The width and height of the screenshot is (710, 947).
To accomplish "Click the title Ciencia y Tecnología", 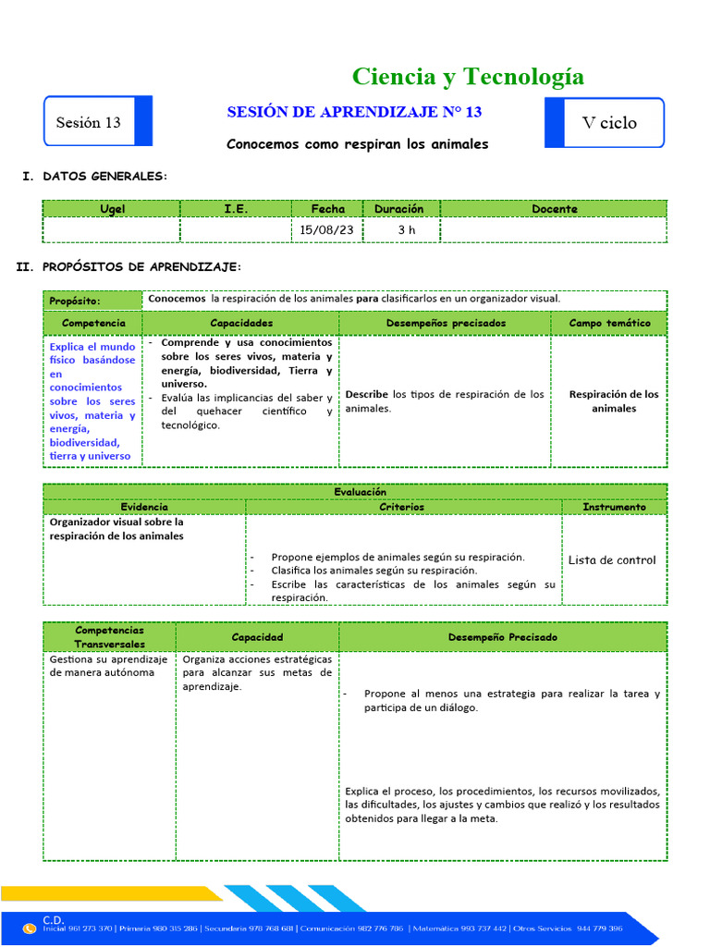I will (x=468, y=76).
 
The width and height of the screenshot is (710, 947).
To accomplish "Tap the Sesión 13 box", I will (x=89, y=122).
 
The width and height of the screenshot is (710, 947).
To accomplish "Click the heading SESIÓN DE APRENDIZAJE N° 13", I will (x=355, y=112).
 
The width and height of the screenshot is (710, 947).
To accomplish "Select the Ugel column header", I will (x=112, y=209).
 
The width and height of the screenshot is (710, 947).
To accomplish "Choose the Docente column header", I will (x=555, y=209).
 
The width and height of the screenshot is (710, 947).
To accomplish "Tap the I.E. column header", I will (x=236, y=209).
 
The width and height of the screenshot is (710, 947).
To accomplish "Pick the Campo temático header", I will (x=609, y=323).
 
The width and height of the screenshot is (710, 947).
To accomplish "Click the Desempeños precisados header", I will (x=446, y=323).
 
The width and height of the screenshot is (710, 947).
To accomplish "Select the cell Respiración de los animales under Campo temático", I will (x=614, y=401).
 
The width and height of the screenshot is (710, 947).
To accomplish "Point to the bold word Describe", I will (x=366, y=394).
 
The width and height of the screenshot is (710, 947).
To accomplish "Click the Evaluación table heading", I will (x=355, y=492).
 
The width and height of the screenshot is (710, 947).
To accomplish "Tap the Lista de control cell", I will (x=612, y=560).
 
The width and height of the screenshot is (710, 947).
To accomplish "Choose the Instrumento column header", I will (x=614, y=507).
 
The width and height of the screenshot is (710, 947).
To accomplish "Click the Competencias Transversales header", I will (x=109, y=636).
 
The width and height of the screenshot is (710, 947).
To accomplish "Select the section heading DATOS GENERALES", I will (x=105, y=176).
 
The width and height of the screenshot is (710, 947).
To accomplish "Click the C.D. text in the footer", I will (x=54, y=919).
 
